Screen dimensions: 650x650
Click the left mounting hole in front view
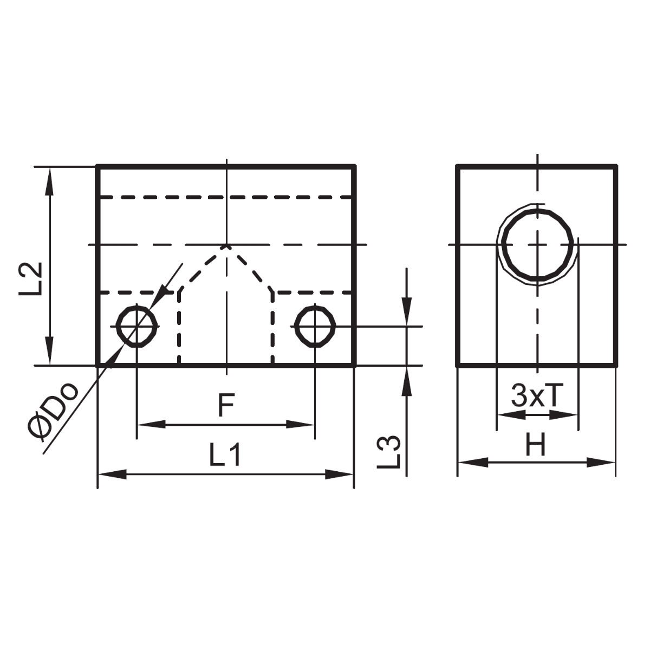[x=138, y=326]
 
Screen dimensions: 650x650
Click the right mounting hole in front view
[x=315, y=326]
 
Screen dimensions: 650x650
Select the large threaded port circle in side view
[x=537, y=244]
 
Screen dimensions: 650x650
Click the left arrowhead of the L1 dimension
[x=112, y=474]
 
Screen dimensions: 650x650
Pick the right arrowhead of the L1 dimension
[x=340, y=474]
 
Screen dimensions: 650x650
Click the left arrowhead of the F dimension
[x=151, y=424]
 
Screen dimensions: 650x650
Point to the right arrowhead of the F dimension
[x=301, y=424]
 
